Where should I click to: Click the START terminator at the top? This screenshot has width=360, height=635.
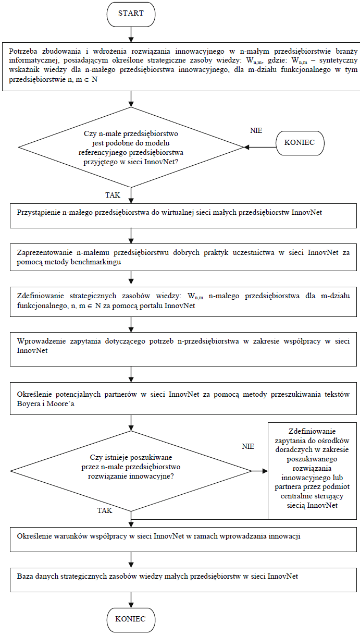tap(131, 14)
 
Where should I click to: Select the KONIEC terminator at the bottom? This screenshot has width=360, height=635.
tap(131, 620)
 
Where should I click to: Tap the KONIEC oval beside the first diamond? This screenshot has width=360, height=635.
tap(300, 143)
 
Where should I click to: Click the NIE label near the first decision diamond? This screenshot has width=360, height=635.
tap(256, 130)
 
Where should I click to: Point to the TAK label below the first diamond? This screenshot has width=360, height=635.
tap(113, 195)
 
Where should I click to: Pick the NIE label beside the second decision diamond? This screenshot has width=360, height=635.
tap(248, 446)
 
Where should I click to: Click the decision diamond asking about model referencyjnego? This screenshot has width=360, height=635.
tap(131, 148)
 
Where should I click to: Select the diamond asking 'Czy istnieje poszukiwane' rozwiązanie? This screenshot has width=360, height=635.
tap(131, 471)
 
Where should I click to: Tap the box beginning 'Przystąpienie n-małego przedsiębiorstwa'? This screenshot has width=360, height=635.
tap(183, 216)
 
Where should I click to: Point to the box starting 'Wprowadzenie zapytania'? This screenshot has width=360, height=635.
tap(183, 349)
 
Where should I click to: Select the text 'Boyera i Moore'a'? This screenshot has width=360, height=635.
tap(45, 404)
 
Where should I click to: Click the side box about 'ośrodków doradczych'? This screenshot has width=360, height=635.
tap(312, 471)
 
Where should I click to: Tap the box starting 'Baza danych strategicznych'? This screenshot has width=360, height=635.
tap(183, 579)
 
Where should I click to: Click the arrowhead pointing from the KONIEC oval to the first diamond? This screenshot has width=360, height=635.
tap(246, 148)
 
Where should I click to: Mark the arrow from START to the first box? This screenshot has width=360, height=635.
tap(131, 34)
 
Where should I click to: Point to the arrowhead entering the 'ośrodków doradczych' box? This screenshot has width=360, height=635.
tap(265, 471)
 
